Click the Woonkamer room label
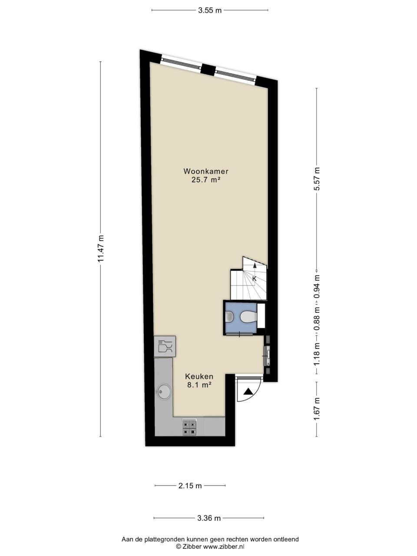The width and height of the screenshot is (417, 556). [205, 172]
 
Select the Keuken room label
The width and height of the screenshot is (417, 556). [199, 377]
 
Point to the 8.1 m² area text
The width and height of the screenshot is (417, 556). [199, 385]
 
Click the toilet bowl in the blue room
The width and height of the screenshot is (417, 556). [247, 317]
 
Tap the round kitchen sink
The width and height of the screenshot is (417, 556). [164, 391]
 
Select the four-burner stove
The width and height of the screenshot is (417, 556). [189, 428]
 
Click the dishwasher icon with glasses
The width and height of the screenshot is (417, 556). [165, 346]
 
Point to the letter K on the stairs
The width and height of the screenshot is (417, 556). [255, 278]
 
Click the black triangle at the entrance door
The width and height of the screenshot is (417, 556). [248, 392]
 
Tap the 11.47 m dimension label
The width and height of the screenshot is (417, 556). [101, 249]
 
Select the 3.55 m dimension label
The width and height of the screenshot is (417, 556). [210, 11]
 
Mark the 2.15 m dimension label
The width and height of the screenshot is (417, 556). [190, 486]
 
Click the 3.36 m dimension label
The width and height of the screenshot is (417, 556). [209, 518]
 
